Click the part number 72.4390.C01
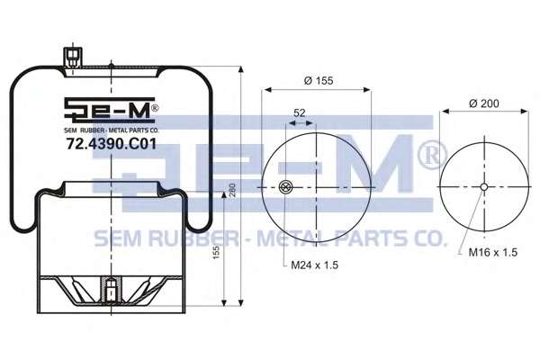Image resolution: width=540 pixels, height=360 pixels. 112,144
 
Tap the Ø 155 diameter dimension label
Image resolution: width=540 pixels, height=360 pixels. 319,81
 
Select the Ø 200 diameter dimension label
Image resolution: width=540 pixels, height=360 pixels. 484,103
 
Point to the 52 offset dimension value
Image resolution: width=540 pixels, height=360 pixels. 300,113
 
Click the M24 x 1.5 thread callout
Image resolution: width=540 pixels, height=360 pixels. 315,265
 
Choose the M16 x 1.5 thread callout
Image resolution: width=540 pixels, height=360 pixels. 493,252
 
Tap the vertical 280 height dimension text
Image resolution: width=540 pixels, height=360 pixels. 232,190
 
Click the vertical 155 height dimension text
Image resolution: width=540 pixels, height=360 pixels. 216,253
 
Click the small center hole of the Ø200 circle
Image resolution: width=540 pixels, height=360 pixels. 484,187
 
